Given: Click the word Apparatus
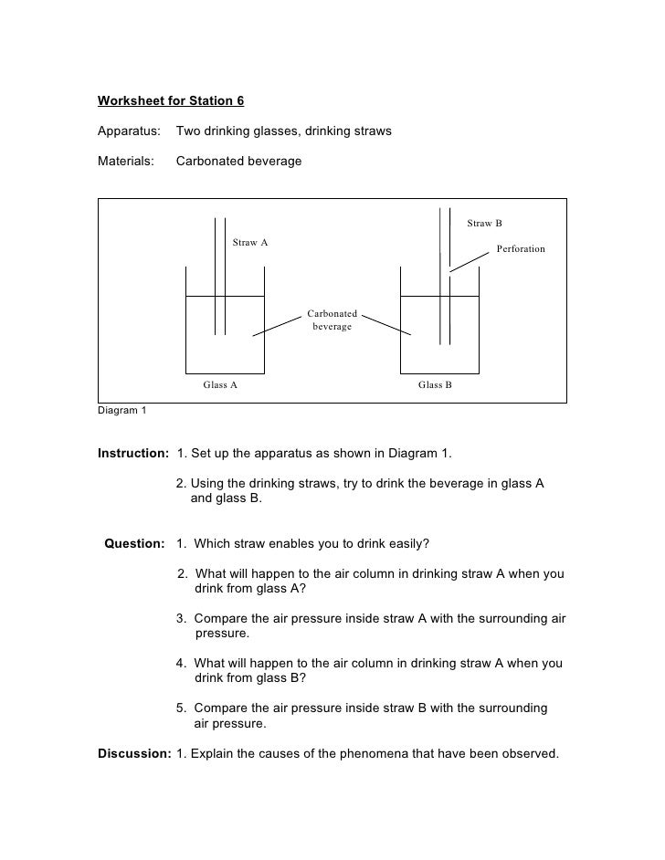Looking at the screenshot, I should pyautogui.click(x=129, y=131).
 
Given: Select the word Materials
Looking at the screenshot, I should pyautogui.click(x=125, y=162).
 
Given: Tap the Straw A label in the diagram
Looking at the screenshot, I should pyautogui.click(x=250, y=243).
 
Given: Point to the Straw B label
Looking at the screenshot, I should pyautogui.click(x=485, y=224).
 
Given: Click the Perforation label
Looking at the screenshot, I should pyautogui.click(x=521, y=249).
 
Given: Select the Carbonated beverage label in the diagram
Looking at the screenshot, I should pyautogui.click(x=332, y=320).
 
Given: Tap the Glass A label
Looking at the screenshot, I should pyautogui.click(x=220, y=385).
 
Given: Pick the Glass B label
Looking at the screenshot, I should pyautogui.click(x=436, y=385).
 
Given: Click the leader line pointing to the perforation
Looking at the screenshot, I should pyautogui.click(x=469, y=262).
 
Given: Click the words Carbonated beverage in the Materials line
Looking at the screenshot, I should pyautogui.click(x=238, y=162).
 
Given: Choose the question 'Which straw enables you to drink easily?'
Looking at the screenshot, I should pyautogui.click(x=311, y=544).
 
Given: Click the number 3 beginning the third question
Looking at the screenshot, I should pyautogui.click(x=181, y=618).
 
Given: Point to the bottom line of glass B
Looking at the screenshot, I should pyautogui.click(x=440, y=373).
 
